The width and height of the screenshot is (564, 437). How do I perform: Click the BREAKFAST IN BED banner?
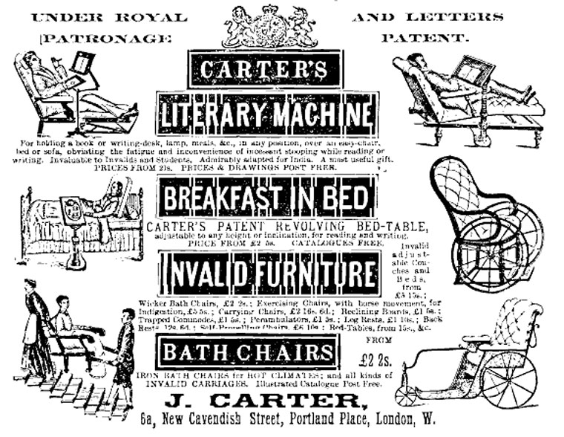[266, 197]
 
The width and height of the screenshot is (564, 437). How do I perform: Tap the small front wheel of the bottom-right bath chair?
[407, 395]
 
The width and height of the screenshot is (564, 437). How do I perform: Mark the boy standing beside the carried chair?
[124, 357]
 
